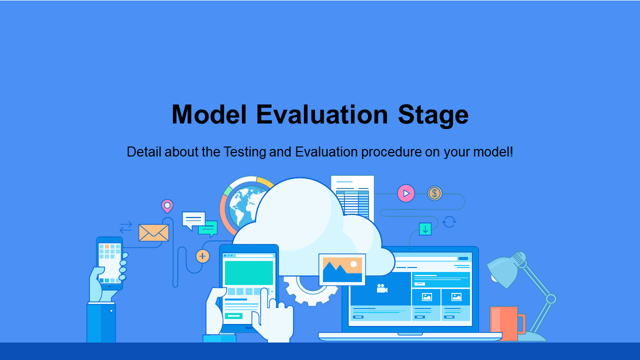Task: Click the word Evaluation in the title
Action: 322,114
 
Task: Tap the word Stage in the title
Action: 433,115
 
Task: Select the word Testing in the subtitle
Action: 244,152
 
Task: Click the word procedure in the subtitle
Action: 391,152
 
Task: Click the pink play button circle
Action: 405,193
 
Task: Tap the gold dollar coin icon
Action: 434,193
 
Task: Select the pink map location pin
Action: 167,206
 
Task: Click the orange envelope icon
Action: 153,232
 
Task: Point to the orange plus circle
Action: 202,256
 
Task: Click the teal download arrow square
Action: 425,229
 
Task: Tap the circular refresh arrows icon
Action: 449,221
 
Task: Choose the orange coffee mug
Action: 507,323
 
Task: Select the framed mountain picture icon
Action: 342,269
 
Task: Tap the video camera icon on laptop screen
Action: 381,288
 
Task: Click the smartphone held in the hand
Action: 109,263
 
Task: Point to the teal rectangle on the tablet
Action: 249,272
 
